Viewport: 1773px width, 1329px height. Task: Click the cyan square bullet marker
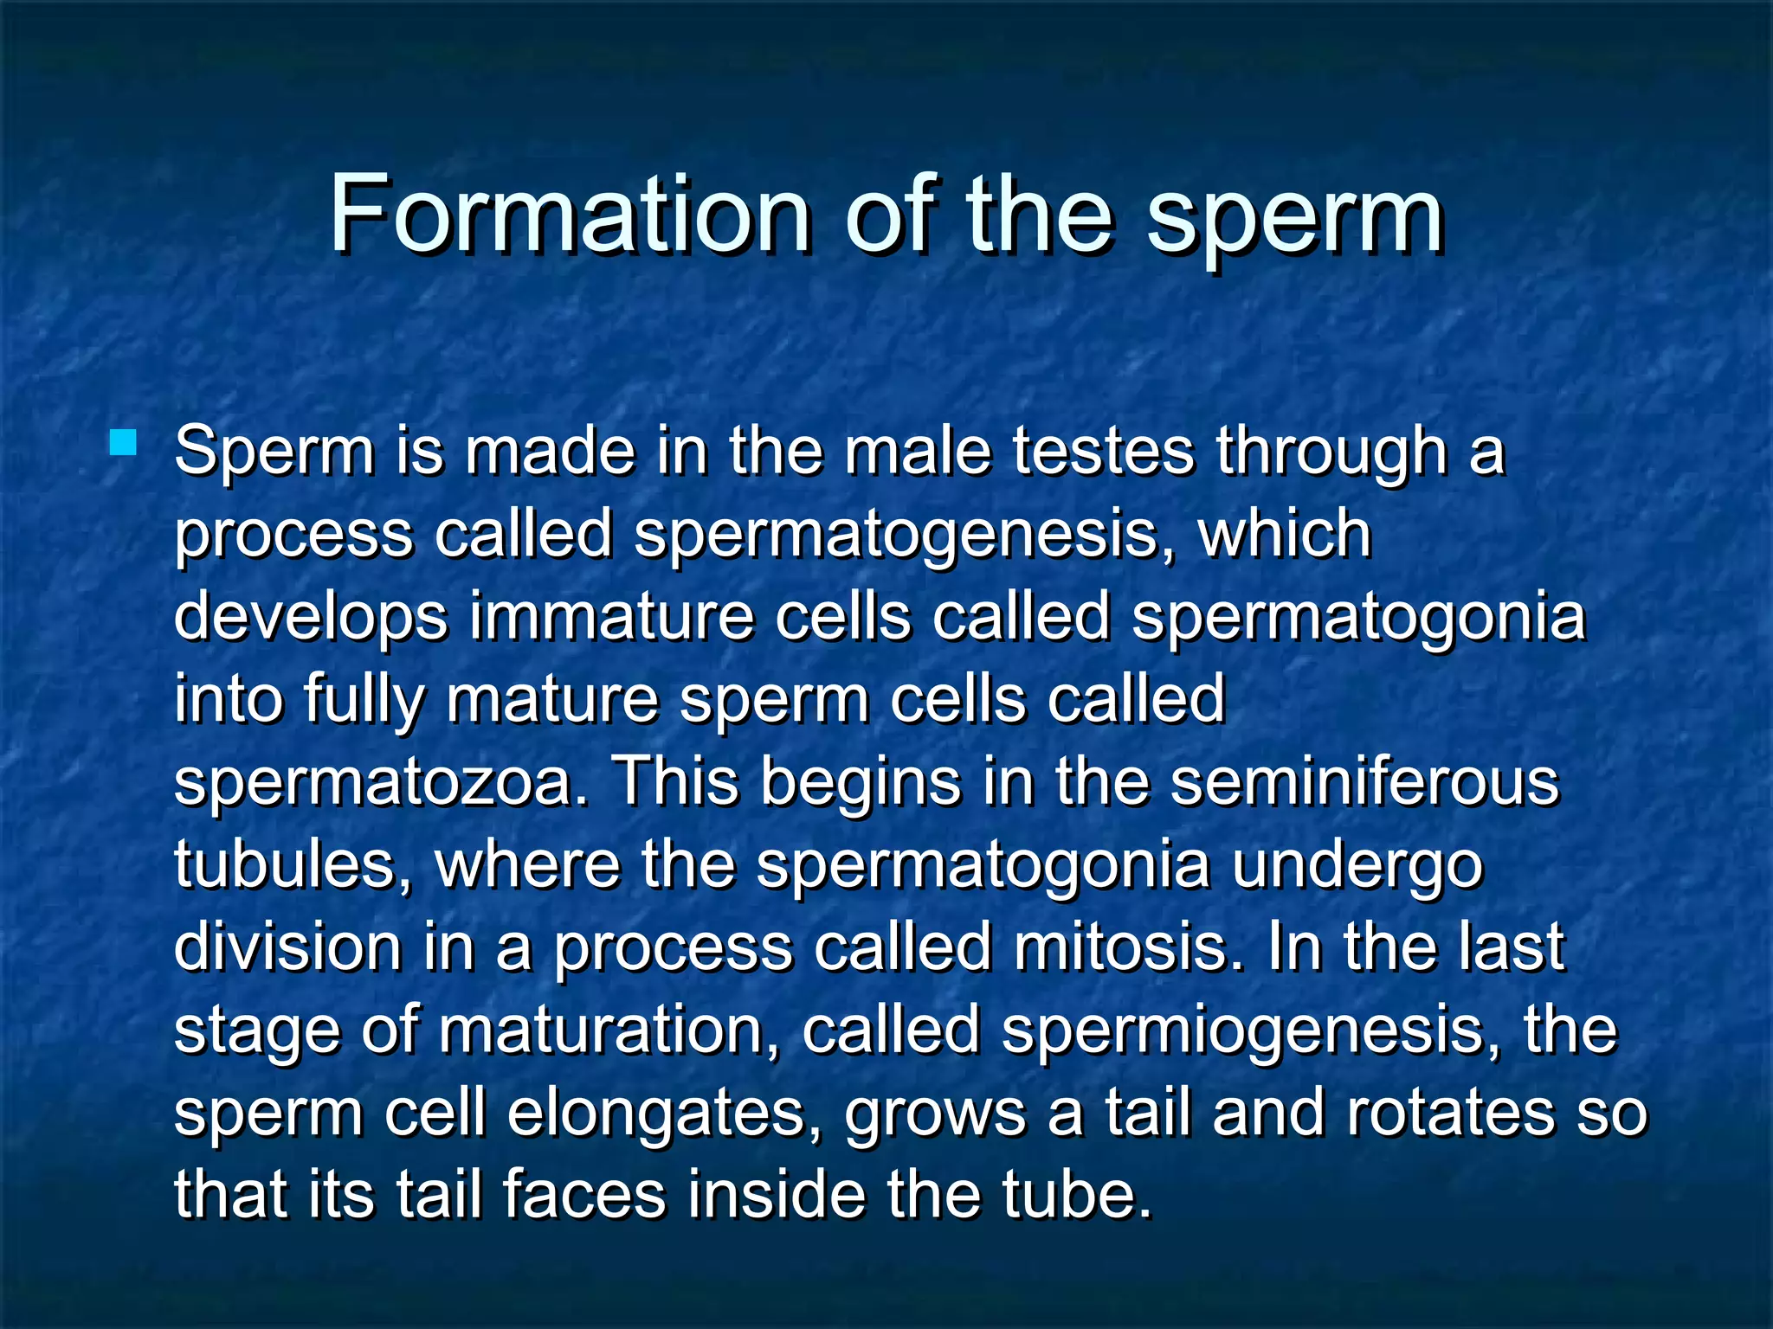coord(124,443)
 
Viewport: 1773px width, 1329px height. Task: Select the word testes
coord(1103,452)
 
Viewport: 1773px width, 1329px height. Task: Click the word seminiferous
coord(1364,780)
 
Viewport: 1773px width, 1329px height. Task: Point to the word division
coord(287,945)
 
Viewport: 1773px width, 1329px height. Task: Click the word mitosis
coord(1132,945)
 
